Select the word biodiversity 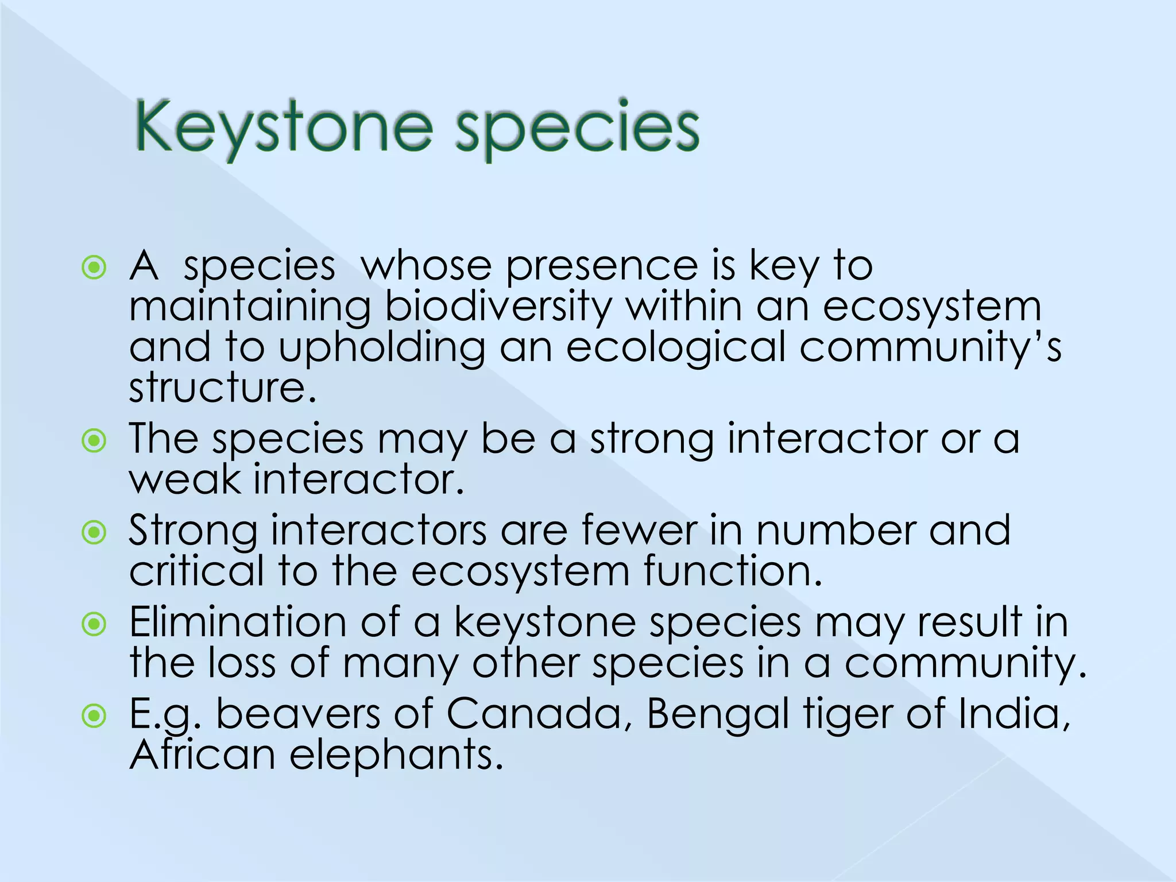(x=498, y=307)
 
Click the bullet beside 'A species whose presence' (x=94, y=268)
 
